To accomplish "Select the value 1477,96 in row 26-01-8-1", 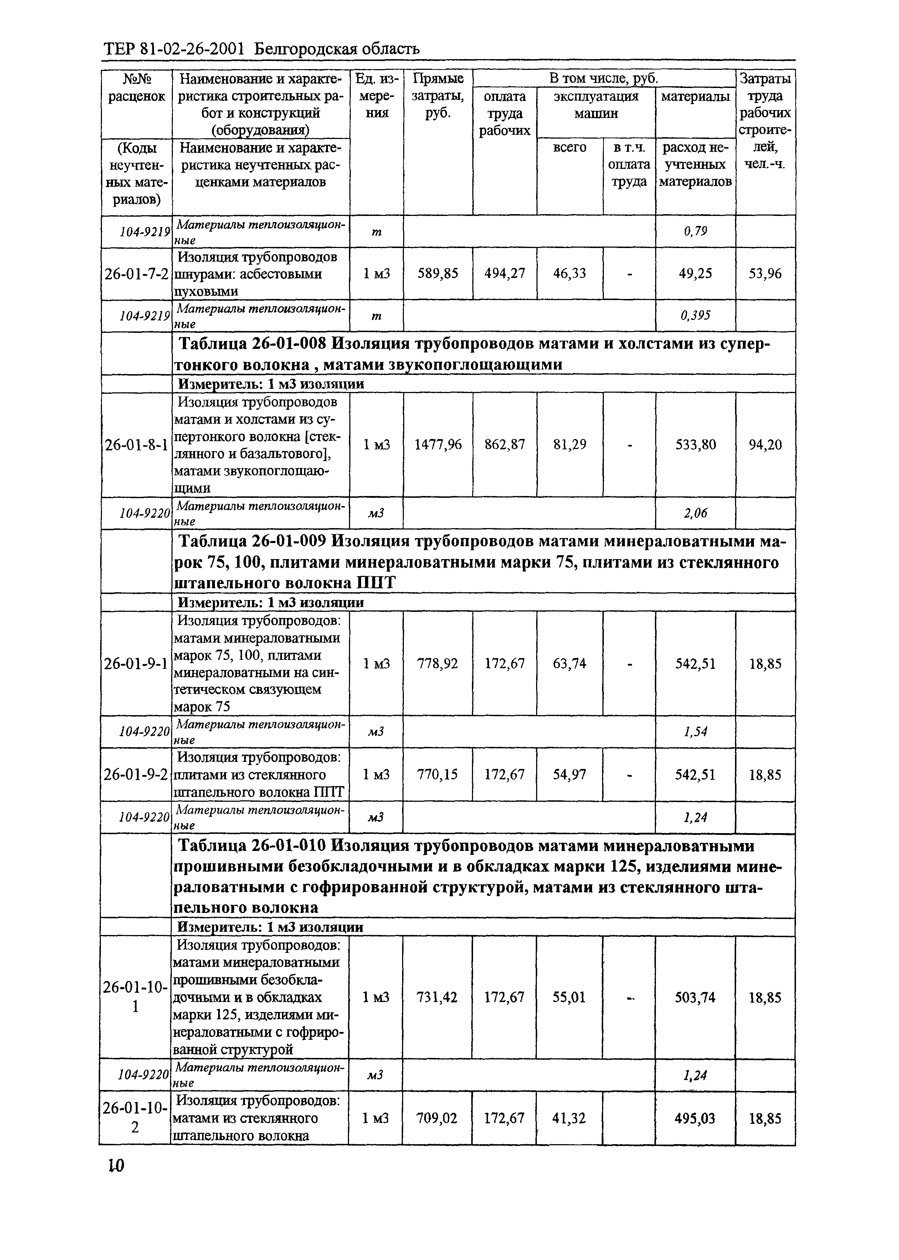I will click(x=437, y=444).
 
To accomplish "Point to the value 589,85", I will click(x=437, y=273).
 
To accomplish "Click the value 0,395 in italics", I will click(x=695, y=315).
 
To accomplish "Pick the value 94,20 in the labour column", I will click(x=765, y=444).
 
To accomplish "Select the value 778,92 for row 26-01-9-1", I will click(x=437, y=663).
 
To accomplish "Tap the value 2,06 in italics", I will click(x=695, y=513).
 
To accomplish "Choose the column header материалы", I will click(x=695, y=96).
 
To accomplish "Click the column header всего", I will click(x=570, y=147).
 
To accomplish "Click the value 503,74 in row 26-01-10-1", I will click(x=695, y=997).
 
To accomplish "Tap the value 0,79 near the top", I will click(x=695, y=231).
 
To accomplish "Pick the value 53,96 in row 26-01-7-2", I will click(x=765, y=273).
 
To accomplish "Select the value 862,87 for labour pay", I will click(x=504, y=444).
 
